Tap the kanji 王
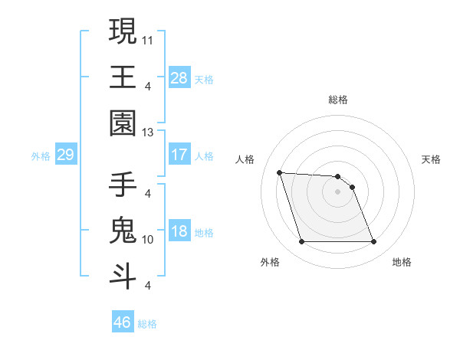click(x=123, y=77)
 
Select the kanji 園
click(x=123, y=123)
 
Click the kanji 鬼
click(x=123, y=231)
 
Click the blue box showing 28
click(x=179, y=77)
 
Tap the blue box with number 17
click(x=179, y=155)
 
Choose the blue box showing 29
click(x=65, y=155)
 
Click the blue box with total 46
click(x=123, y=322)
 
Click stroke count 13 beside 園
click(x=148, y=133)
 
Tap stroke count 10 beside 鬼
click(x=148, y=239)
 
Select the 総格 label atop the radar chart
click(x=338, y=100)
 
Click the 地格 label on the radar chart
click(x=402, y=262)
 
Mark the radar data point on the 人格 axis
click(x=279, y=172)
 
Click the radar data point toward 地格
click(x=373, y=242)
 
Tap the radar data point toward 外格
click(x=301, y=242)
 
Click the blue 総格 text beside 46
click(x=148, y=324)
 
